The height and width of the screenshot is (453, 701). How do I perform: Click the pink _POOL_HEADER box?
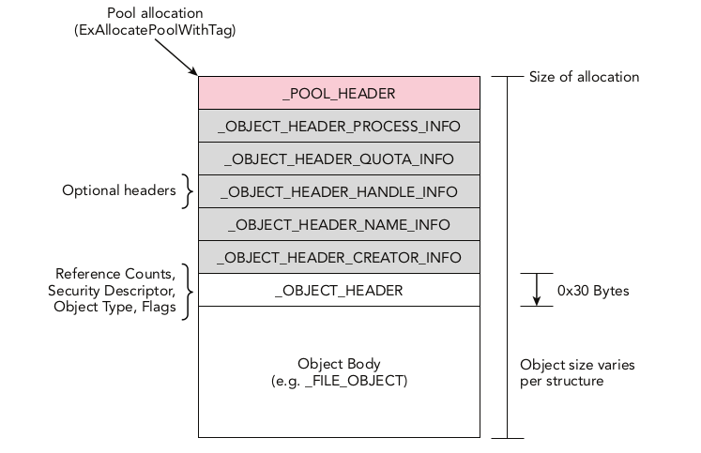339,93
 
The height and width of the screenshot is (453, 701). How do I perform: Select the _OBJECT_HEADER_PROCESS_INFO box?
339,126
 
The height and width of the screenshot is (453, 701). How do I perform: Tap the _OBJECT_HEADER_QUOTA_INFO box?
339,159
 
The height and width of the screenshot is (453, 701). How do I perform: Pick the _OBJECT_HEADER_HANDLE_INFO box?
339,191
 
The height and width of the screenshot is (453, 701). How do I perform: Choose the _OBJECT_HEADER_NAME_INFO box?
339,224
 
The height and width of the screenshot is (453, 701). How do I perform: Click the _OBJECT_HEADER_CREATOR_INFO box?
339,257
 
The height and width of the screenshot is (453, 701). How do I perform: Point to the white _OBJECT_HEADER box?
339,290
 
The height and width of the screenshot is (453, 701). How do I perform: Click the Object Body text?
339,363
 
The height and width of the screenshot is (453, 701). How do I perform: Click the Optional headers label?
119,190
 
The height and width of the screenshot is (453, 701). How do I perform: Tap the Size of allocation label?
584,77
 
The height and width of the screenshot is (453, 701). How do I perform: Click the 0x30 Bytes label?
593,291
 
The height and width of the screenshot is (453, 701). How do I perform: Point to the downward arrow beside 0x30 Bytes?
537,290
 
